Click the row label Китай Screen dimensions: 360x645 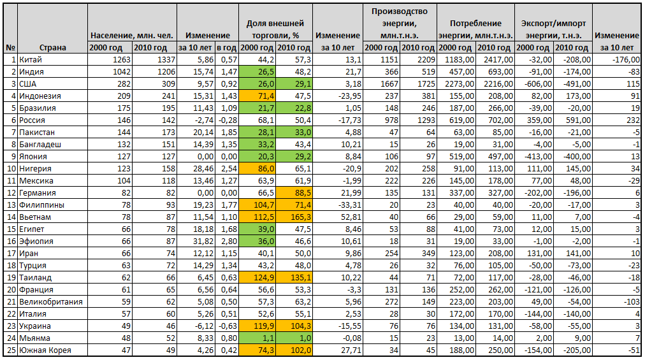coord(28,59)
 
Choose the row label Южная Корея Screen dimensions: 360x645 coord(44,350)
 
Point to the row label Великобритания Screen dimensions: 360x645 coord(50,301)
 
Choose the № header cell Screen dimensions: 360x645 coord(10,47)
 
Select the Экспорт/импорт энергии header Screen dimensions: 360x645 coord(553,29)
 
